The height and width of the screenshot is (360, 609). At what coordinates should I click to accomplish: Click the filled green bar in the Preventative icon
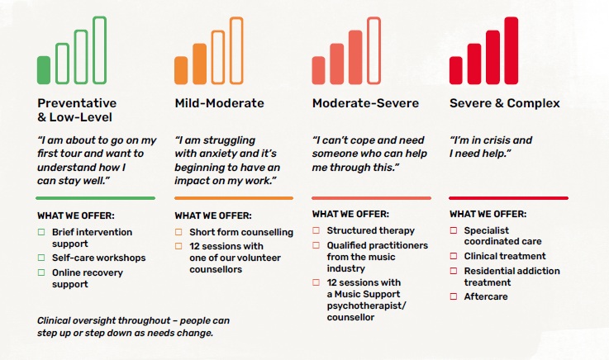pos(44,70)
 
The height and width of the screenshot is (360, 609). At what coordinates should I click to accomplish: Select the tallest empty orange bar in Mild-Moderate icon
pos(236,19)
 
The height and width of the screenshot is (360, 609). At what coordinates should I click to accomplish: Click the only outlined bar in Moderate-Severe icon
pos(374,19)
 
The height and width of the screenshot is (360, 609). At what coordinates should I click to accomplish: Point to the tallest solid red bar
pos(511,50)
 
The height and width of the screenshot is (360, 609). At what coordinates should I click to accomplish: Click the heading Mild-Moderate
pos(220,103)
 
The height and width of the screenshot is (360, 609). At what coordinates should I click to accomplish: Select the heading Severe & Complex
pos(505,103)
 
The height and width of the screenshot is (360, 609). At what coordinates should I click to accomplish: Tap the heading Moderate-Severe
pos(365,103)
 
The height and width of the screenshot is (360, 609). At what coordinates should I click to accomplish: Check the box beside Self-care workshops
pos(41,258)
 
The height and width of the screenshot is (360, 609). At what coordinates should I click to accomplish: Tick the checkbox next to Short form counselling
pos(178,232)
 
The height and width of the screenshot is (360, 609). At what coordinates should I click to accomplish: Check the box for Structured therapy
pos(316,230)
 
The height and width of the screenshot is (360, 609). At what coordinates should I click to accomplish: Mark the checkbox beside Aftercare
pos(454,296)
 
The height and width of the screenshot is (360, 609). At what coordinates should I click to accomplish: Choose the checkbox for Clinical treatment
pos(454,256)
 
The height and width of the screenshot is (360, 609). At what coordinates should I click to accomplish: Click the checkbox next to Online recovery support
pos(41,272)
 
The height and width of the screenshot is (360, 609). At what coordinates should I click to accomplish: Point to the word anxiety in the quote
pos(221,154)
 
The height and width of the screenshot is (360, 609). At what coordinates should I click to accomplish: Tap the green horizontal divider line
pos(96,198)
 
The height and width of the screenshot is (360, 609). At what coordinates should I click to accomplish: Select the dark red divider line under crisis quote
pos(508,198)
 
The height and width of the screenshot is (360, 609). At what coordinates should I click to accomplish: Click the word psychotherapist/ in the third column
pos(366,306)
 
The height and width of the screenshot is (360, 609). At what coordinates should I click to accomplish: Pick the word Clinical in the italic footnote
pos(54,320)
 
